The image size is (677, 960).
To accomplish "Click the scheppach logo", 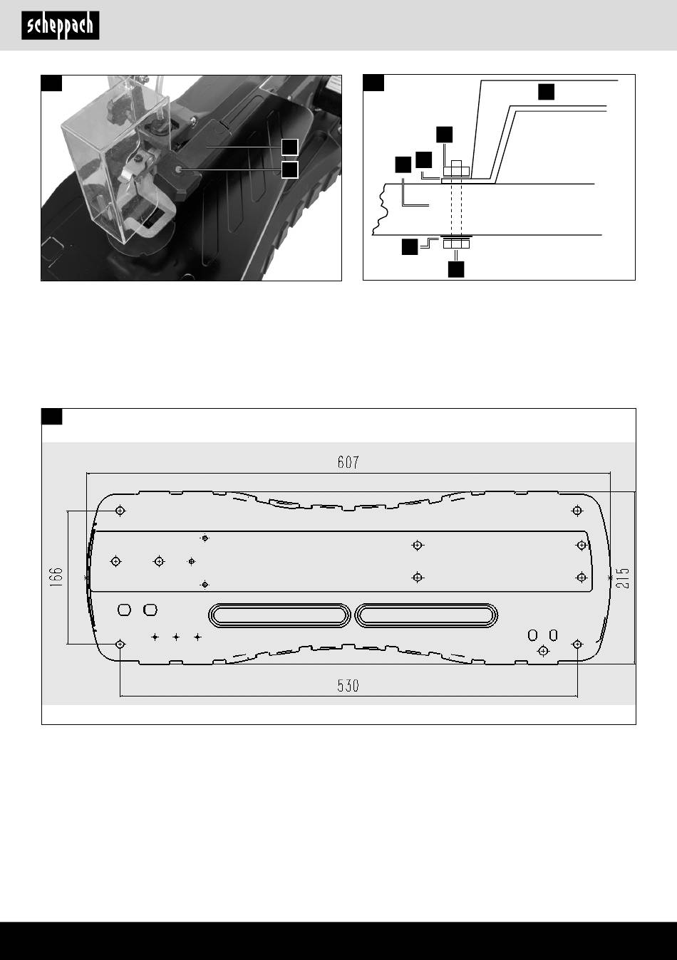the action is coord(61,26).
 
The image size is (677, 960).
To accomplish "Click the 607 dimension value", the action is coord(348,462).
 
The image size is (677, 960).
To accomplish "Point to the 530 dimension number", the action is coord(348,686).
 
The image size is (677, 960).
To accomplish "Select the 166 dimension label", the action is coord(56,577).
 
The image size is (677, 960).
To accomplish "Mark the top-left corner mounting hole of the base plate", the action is coord(120,511).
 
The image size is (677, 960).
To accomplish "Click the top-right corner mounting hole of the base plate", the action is coord(577,511).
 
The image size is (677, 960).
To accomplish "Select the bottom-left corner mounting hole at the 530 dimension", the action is coord(120,644).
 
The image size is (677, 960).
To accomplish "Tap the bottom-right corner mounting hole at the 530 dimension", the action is coord(577,644).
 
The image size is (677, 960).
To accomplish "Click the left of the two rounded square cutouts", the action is coord(124,610).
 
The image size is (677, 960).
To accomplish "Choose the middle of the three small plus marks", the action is coord(176,637).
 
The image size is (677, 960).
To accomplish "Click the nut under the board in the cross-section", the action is coord(456,244).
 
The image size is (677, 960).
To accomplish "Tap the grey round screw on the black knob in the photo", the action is coord(178,169).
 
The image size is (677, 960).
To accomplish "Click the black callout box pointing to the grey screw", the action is coord(290,169).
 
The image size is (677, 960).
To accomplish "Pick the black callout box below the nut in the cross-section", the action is coord(456,270).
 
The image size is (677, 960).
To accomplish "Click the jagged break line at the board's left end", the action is coord(379,209).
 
